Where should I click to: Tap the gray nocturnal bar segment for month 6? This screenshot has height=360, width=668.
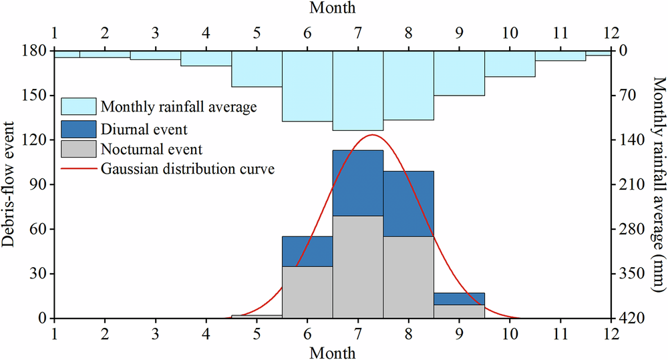[x=307, y=292]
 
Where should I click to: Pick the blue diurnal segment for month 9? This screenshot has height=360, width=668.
[x=459, y=299]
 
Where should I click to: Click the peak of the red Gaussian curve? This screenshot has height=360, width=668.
[x=371, y=135]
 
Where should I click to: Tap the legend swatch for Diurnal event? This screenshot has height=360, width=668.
[x=79, y=128]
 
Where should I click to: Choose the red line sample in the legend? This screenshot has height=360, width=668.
[x=79, y=168]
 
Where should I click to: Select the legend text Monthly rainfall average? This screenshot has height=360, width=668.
[x=179, y=107]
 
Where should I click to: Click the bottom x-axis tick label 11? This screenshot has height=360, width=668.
[x=560, y=333]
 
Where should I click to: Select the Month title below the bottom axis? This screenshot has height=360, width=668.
[x=333, y=351]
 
